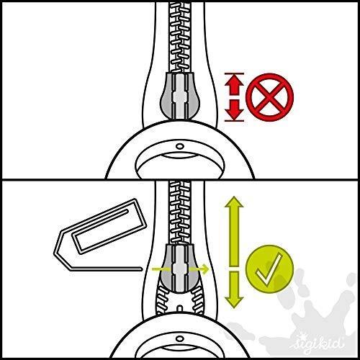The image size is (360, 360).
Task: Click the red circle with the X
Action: coord(270,97)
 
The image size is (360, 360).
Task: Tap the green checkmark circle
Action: coord(270,269)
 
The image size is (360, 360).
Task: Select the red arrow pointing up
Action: coord(234,84)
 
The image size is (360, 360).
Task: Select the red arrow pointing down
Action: coord(234,110)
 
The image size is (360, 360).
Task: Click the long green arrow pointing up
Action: coord(234,231)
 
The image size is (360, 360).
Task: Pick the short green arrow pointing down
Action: coord(234,289)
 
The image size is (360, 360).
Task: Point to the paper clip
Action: coord(99,235)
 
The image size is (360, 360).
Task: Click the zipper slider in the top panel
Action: coord(180,96)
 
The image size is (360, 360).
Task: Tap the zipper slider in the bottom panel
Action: coord(180,268)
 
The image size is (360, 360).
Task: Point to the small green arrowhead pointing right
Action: coord(204,269)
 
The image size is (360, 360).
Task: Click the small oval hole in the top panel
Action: coord(180,146)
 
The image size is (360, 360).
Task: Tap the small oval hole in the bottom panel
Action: coord(180,339)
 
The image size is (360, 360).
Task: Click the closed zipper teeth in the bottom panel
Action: coord(180,212)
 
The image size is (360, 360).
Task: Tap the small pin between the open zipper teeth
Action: coord(180,308)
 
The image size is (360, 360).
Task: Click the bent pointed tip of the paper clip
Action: coord(55,253)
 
